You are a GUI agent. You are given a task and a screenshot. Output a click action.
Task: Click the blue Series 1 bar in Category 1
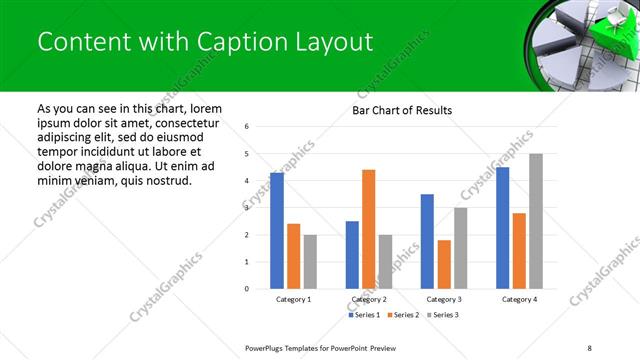[277, 231]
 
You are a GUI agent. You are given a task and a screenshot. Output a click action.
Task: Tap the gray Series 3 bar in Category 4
[536, 221]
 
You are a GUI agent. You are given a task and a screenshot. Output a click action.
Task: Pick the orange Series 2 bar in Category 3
[444, 264]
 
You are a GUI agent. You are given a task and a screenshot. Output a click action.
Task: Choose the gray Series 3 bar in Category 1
[310, 262]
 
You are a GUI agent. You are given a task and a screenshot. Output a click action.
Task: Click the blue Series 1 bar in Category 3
[427, 241]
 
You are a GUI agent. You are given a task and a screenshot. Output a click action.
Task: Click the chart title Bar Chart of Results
[402, 110]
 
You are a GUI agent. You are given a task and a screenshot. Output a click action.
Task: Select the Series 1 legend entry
[365, 315]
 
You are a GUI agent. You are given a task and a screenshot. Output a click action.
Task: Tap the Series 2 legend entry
[403, 315]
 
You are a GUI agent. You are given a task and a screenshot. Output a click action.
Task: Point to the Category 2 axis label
[369, 299]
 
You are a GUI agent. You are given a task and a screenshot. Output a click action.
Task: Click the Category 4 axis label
[519, 299]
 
